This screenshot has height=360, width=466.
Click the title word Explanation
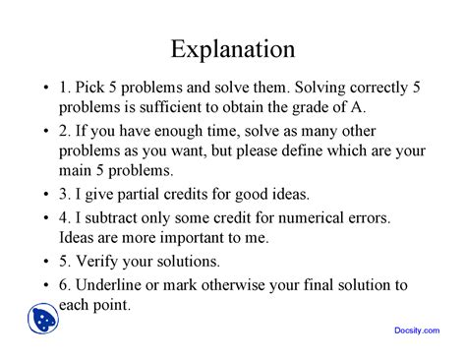click(232, 48)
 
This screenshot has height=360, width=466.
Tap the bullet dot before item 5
click(45, 263)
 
